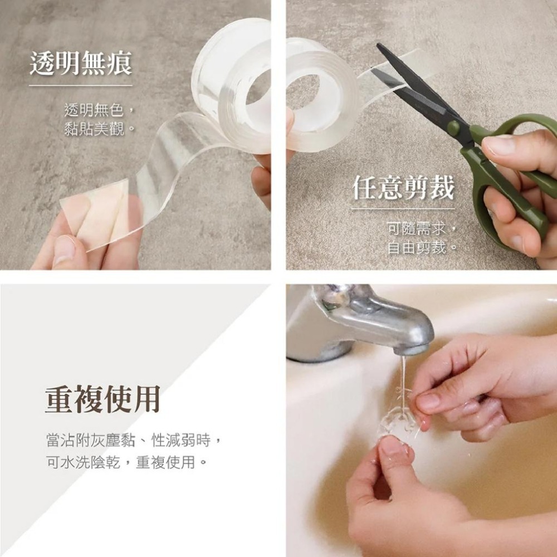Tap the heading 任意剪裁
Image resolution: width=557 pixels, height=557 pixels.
coord(403,189)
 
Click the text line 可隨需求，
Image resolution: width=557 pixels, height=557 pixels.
coord(422,227)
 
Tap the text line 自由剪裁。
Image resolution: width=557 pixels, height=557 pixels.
coord(422,247)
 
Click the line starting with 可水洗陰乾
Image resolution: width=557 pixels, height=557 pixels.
coord(126,462)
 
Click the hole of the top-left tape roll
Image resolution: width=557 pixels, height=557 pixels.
coord(258,86)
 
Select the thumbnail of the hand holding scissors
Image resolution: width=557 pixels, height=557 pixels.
coord(499,146)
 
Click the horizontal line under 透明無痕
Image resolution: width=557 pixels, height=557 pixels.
coord(81,85)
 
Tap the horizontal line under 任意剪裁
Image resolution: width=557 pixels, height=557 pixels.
coord(403,209)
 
